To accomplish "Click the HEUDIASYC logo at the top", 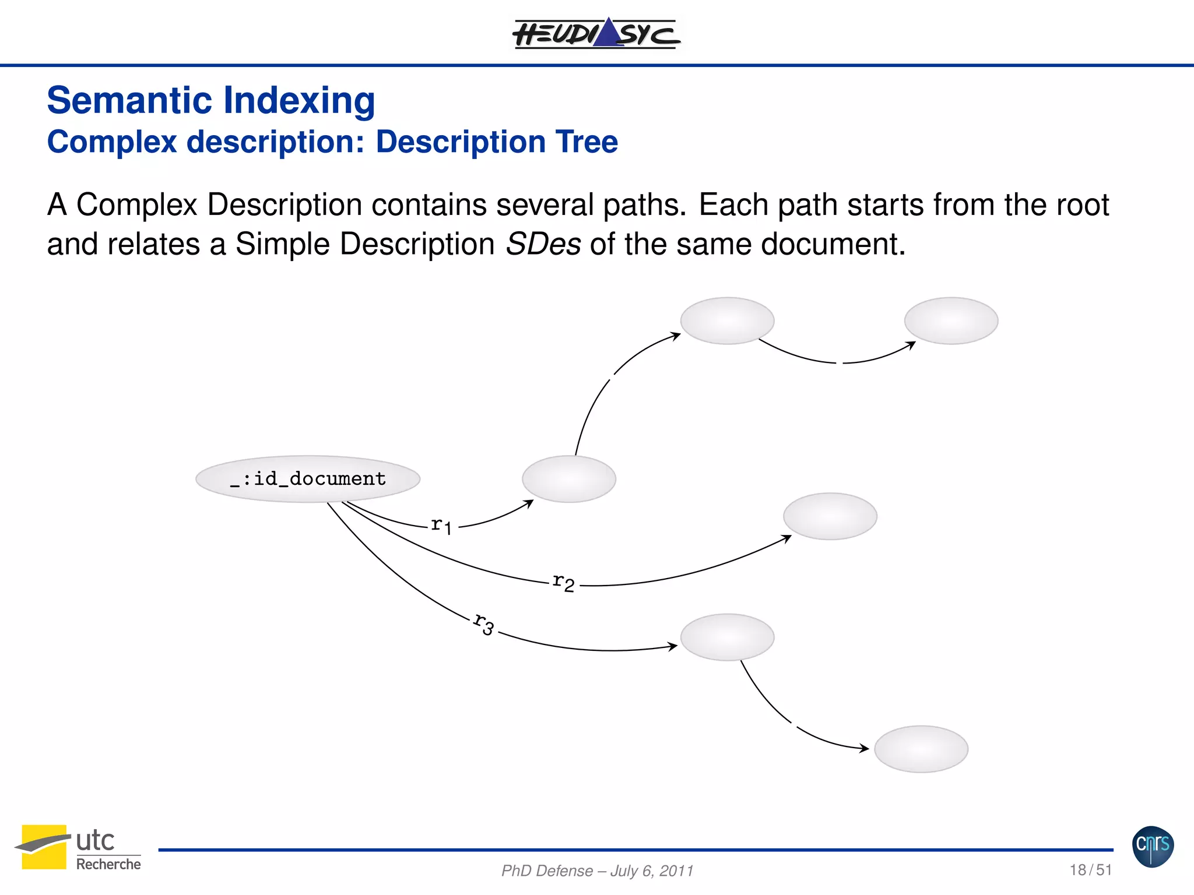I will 596,33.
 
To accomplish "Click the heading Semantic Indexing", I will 210,100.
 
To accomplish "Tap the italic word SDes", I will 543,244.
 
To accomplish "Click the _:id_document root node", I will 308,478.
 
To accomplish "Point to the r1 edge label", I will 441,526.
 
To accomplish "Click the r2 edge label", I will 563,582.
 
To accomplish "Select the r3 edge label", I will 484,624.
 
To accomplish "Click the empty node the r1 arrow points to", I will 568,479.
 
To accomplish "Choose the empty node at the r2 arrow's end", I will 830,516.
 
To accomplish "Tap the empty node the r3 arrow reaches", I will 727,637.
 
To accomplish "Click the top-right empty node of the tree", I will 951,321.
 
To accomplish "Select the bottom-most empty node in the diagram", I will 921,749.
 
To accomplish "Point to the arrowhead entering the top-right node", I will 911,345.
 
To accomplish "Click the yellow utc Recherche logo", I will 78,847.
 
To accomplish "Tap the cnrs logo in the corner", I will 1153,846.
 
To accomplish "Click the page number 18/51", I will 1090,870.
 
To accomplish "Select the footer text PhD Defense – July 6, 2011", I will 597,871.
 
